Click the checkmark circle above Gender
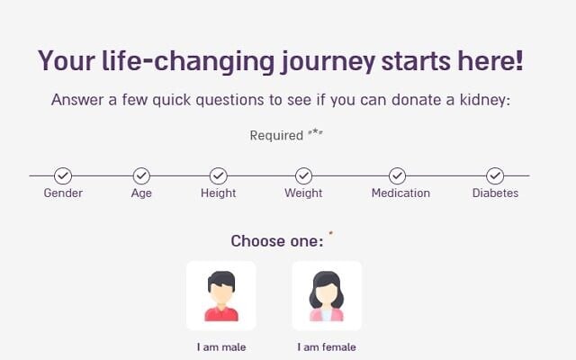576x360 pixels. pos(63,176)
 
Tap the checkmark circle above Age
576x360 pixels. pos(141,176)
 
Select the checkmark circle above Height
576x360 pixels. pos(218,176)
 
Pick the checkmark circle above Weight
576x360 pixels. pos(304,176)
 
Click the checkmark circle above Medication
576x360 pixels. pos(398,176)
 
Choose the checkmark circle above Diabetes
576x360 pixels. pos(495,176)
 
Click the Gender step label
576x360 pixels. pos(63,193)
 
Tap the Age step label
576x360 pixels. pos(141,193)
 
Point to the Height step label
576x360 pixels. pos(218,193)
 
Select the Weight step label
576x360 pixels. pos(303,193)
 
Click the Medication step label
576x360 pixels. pos(400,193)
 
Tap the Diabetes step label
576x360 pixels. pos(495,193)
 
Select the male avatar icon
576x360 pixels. pos(221,296)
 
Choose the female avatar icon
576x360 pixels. pos(327,296)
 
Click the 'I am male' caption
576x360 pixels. pos(221,347)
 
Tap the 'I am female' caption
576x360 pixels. pos(327,347)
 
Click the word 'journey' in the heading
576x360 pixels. pos(328,62)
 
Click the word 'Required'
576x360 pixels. pos(276,136)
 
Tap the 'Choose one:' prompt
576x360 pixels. pos(277,241)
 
